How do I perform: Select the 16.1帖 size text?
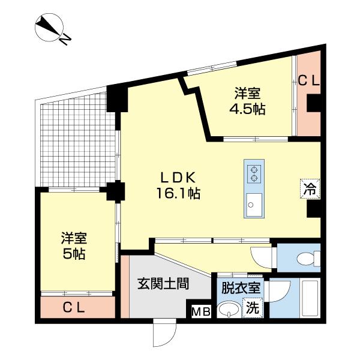point(178,194)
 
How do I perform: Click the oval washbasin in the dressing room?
point(228,310)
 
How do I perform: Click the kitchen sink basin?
point(252,206)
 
